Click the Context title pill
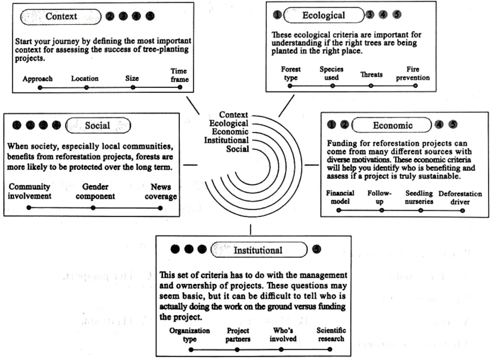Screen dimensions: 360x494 click(61, 16)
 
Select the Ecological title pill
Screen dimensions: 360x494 click(323, 15)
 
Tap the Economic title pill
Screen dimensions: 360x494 click(392, 125)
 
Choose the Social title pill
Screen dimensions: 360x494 click(97, 125)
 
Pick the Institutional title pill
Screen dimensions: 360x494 click(258, 250)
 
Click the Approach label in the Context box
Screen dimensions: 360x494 click(38, 79)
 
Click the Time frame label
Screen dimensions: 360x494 click(179, 75)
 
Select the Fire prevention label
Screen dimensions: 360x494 click(413, 73)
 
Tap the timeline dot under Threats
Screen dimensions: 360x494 click(371, 86)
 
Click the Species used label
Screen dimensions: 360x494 click(331, 73)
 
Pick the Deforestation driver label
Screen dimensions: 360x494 click(460, 197)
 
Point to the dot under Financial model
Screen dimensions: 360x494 click(338, 210)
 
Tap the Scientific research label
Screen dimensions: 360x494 click(331, 334)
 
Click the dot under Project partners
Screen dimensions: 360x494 click(237, 349)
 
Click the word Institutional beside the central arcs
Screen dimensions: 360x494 click(226, 140)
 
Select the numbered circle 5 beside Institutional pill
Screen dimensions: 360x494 click(316, 249)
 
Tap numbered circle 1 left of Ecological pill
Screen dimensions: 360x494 click(277, 15)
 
